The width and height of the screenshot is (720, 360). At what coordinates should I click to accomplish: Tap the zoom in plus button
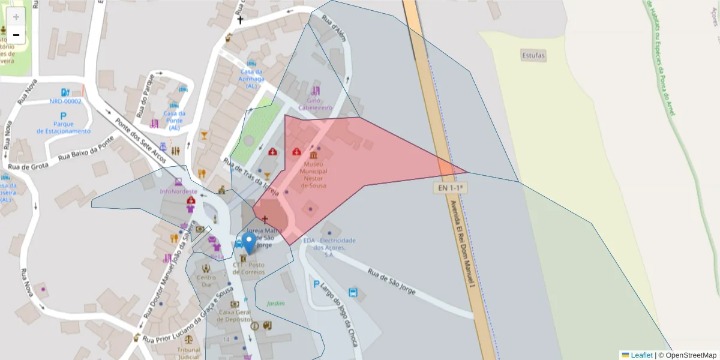[x=16, y=17]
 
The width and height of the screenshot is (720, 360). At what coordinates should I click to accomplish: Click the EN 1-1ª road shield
[x=451, y=188]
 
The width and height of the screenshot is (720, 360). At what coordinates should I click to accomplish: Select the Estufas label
[x=533, y=56]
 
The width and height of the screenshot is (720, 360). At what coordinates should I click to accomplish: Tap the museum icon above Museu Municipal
[x=313, y=154]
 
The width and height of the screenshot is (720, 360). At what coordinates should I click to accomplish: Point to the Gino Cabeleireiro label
[x=319, y=104]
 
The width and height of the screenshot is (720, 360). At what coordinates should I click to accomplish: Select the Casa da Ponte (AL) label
[x=174, y=120]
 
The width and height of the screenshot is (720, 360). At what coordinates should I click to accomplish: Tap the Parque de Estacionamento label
[x=63, y=127]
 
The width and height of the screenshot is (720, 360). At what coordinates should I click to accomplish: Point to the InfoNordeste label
[x=178, y=191]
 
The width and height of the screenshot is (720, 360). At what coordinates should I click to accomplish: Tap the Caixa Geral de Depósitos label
[x=235, y=316]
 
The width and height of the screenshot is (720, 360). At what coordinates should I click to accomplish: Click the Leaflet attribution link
[x=641, y=355]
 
